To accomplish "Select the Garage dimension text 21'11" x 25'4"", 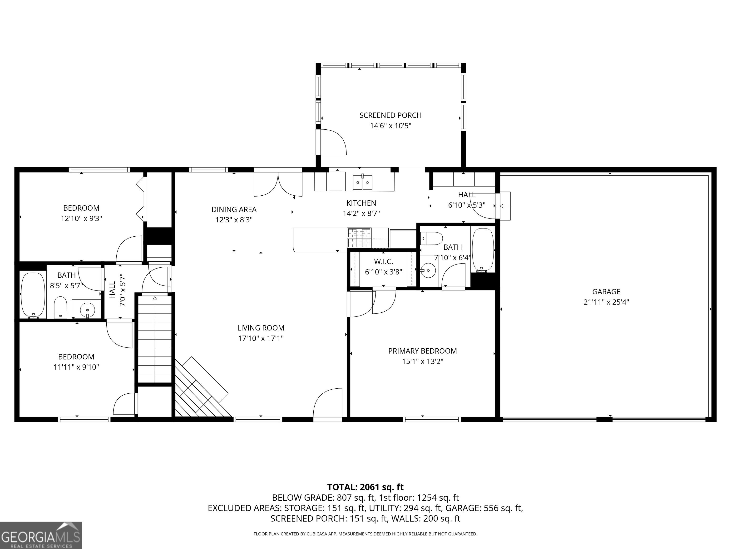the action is coord(606,302).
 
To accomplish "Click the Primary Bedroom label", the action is coord(422,351).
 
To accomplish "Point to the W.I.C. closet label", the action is coord(383,261).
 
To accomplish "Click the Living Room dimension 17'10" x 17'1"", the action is coord(261,338).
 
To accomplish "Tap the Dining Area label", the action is coord(234,209).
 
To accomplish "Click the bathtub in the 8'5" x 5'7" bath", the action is coord(33,295).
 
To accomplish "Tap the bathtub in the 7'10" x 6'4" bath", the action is coord(483,250).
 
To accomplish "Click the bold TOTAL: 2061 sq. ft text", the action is coord(365,487).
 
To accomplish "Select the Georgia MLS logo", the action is coord(41,535).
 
